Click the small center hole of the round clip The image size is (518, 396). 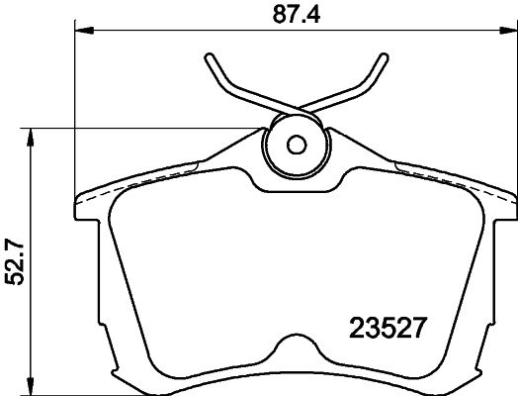coord(295,145)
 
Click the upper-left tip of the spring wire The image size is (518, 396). coord(210,55)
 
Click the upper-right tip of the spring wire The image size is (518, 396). coord(381,55)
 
